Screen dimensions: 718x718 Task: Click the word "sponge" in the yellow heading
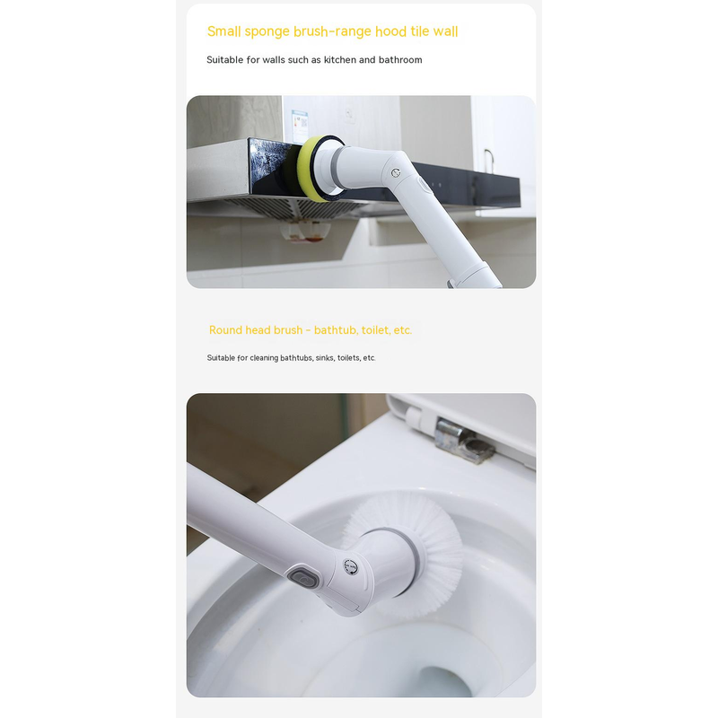(x=267, y=32)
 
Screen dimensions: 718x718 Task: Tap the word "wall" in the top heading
(x=445, y=31)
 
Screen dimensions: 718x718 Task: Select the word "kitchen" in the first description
(x=340, y=59)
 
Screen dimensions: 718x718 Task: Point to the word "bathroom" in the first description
(x=400, y=59)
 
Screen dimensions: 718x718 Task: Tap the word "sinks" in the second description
(x=324, y=357)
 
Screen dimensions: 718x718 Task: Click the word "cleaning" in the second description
(x=263, y=358)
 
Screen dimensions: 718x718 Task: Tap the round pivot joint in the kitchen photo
(x=396, y=172)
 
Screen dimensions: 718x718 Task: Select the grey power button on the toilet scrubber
(x=303, y=576)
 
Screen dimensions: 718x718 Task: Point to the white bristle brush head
(x=412, y=552)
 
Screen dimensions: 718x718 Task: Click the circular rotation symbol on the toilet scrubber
(x=351, y=567)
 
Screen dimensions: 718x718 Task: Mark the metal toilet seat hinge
(x=463, y=441)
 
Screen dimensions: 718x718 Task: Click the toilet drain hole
(x=443, y=682)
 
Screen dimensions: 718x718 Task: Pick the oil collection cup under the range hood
(x=306, y=232)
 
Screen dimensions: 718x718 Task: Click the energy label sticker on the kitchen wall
(x=300, y=126)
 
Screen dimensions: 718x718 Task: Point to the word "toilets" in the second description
(x=349, y=357)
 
